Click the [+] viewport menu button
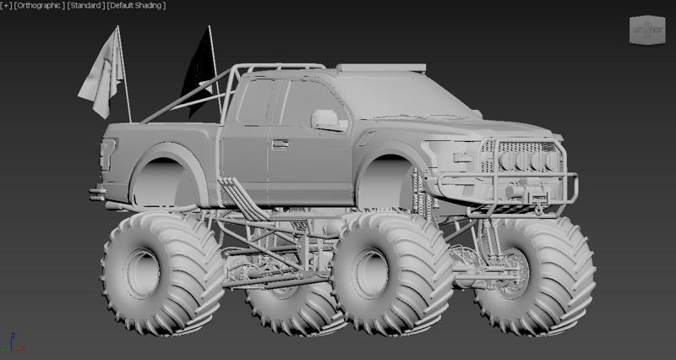click(x=7, y=6)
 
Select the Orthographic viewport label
click(x=41, y=6)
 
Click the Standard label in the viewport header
click(x=87, y=6)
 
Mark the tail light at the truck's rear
click(x=106, y=156)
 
